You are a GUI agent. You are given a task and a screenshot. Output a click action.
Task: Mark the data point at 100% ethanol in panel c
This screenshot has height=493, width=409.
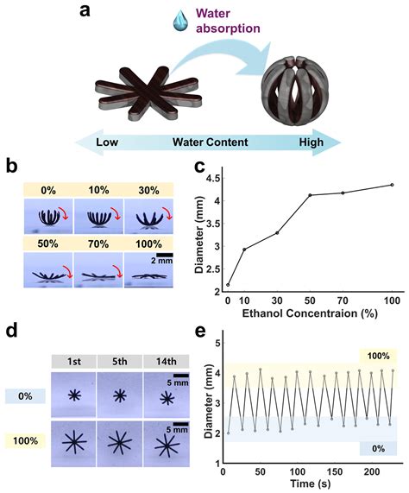(x=392, y=185)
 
